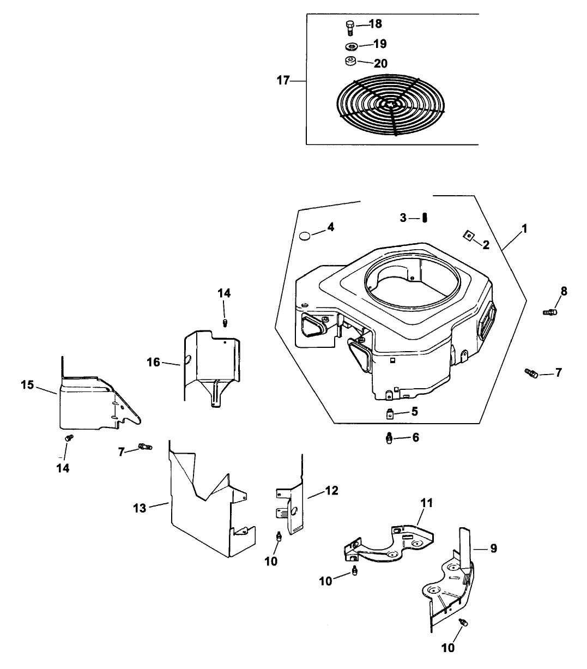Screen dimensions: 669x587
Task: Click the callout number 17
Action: [283, 81]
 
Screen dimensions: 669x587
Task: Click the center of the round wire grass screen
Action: [391, 103]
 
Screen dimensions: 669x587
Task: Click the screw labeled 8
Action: [549, 311]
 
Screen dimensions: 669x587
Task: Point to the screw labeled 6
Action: [389, 438]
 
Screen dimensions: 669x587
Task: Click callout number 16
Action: [154, 361]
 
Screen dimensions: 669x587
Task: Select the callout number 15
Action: [28, 385]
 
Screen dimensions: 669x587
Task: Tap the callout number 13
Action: [140, 508]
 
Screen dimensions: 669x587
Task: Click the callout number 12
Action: [331, 490]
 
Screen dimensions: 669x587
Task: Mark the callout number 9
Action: [493, 549]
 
